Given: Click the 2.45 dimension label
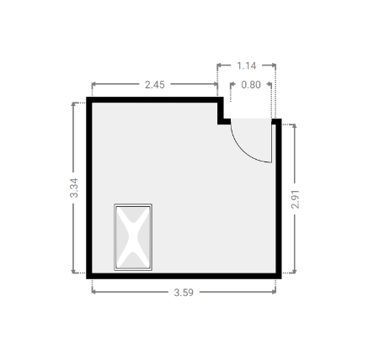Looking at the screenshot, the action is (x=155, y=84).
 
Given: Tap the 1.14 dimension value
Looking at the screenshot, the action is (x=247, y=66).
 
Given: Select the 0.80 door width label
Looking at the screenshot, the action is (x=251, y=84).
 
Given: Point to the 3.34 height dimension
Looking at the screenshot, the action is (x=74, y=188).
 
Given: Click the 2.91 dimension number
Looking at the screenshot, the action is (x=295, y=199).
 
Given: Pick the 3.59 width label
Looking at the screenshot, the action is (x=184, y=293).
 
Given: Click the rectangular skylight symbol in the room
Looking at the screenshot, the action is (x=133, y=237).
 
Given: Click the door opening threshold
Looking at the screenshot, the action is (x=251, y=121).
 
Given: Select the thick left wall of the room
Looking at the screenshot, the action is (x=89, y=188).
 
